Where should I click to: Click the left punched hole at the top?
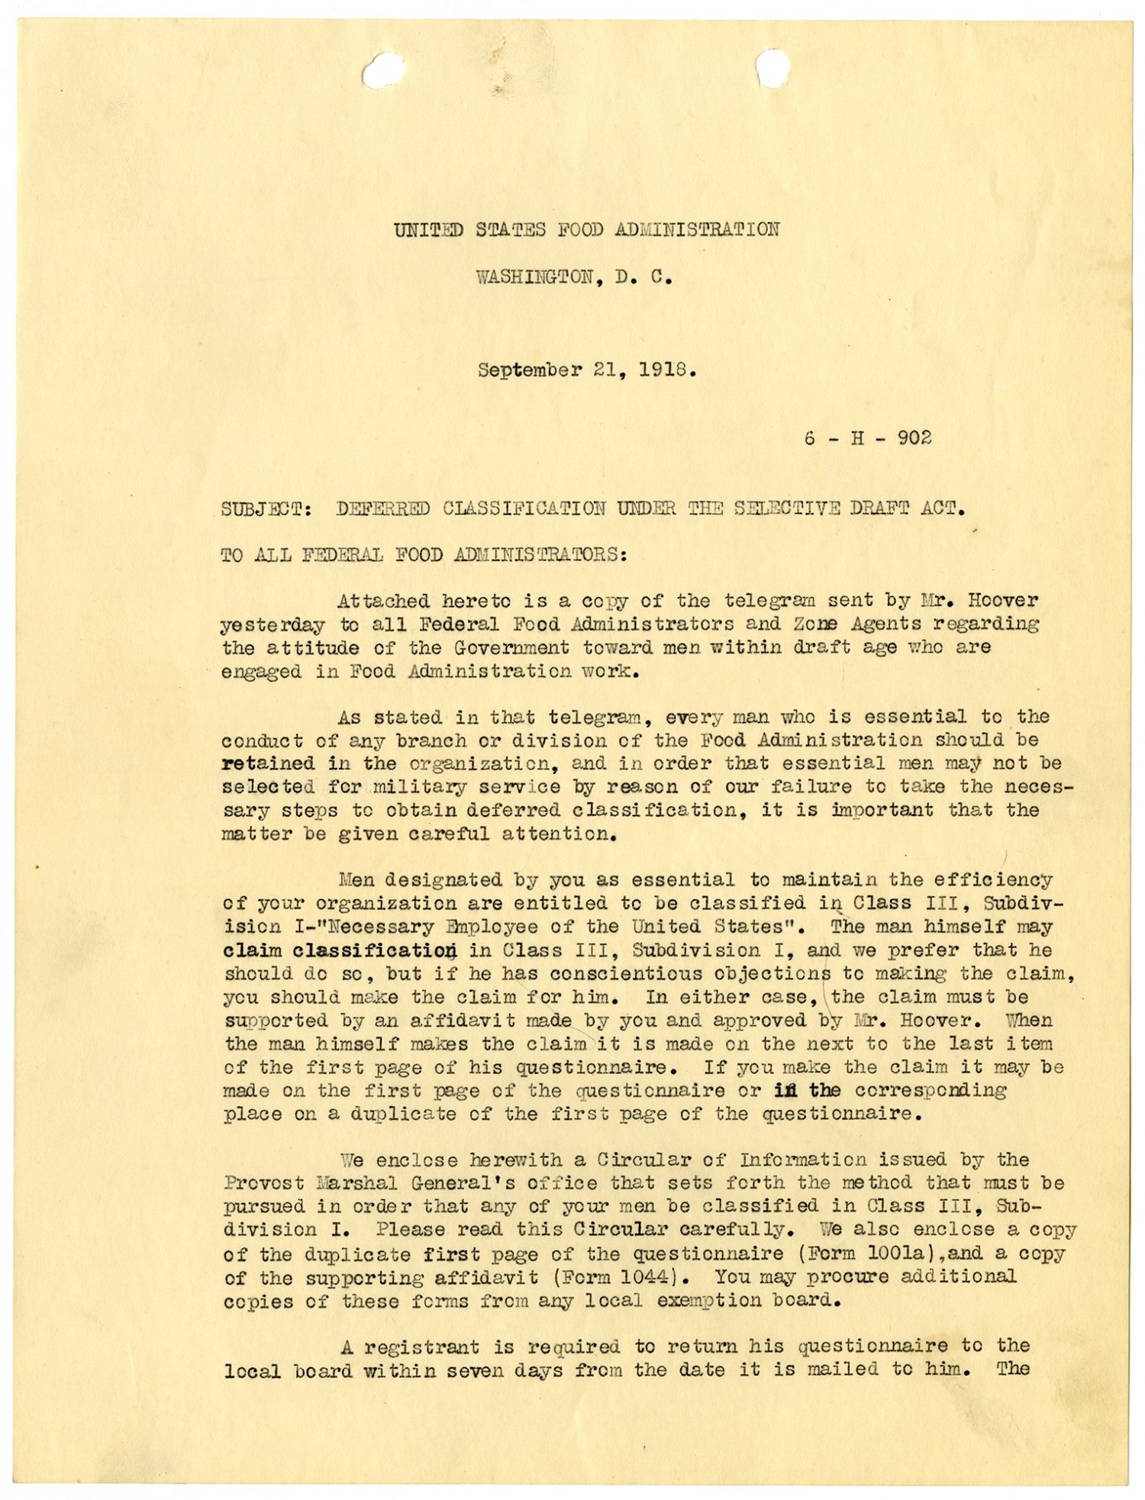tap(384, 71)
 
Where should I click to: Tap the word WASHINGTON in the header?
tap(534, 277)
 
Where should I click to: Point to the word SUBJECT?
tap(266, 508)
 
